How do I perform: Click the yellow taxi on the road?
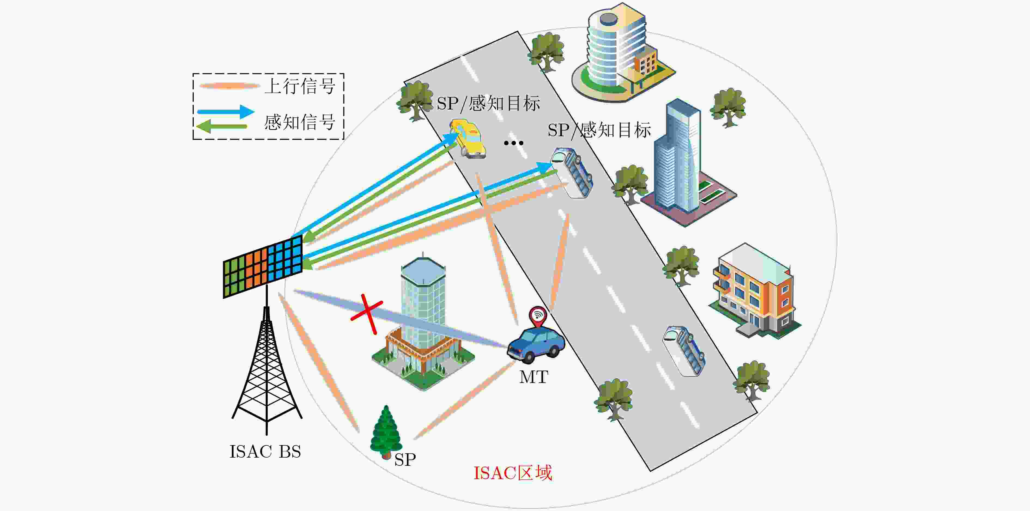467,138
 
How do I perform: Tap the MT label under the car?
534,377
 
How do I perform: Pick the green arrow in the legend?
222,126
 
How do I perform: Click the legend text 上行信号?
300,86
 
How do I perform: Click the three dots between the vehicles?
513,143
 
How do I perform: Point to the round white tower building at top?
622,52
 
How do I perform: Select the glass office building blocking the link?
423,323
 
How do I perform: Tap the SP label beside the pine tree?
405,460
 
